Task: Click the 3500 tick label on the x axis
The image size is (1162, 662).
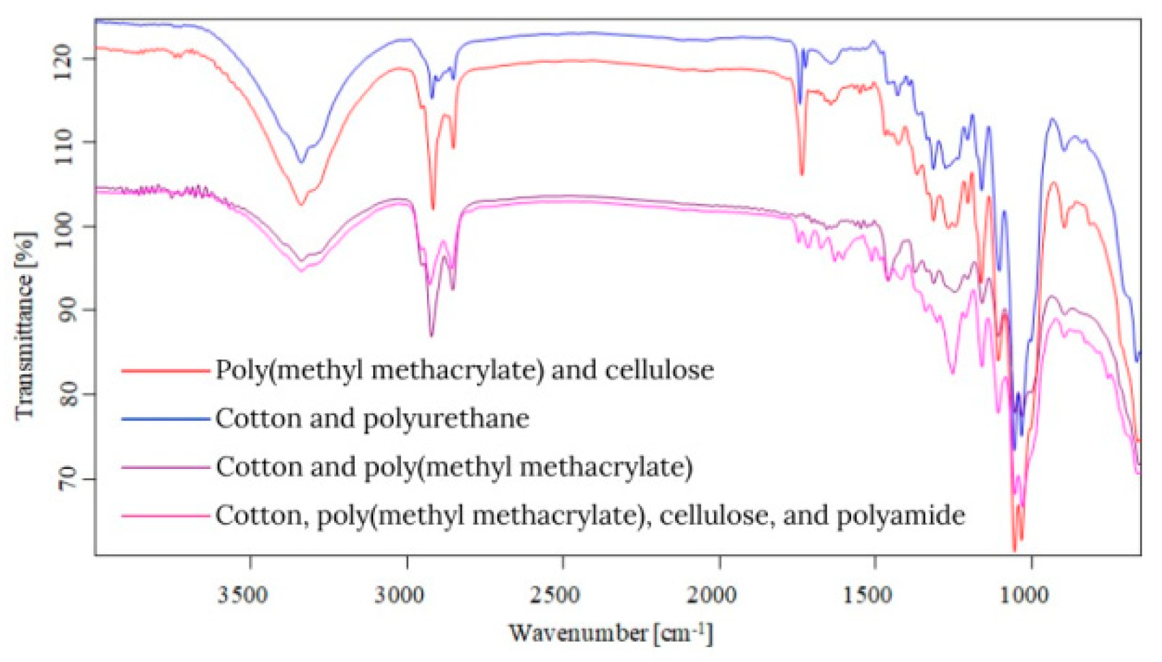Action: point(243,595)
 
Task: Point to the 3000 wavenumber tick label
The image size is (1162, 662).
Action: point(400,595)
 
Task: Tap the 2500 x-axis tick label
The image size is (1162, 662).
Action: point(555,595)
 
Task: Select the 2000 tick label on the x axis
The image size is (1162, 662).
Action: point(711,595)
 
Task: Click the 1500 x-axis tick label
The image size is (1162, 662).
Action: point(867,595)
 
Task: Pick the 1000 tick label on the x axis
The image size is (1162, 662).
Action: point(1024,595)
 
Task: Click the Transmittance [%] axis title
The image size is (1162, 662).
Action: point(25,326)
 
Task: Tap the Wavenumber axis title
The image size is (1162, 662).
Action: point(610,633)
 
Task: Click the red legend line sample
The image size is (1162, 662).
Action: point(165,371)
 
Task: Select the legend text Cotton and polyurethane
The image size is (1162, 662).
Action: point(372,419)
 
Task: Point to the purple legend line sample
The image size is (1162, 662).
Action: point(165,468)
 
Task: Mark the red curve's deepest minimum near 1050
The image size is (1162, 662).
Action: point(1014,550)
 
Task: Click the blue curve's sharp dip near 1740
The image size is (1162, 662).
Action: point(800,102)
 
